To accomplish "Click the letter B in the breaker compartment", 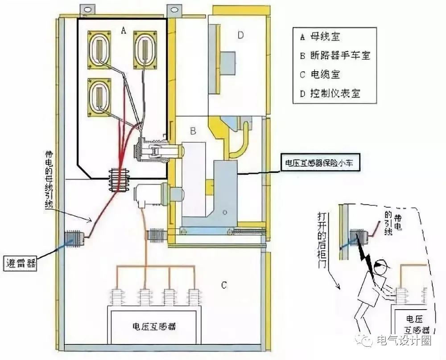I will click(x=193, y=131).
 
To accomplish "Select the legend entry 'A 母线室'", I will click(x=322, y=37).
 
